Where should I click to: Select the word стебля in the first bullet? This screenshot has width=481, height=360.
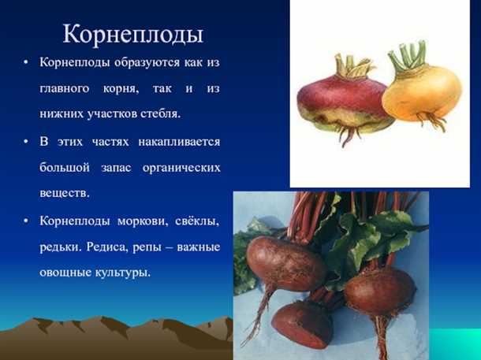click(161, 113)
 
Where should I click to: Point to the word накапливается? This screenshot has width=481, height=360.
click(184, 142)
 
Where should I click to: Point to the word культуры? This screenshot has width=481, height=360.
click(121, 273)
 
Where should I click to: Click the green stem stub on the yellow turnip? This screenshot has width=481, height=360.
click(408, 55)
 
